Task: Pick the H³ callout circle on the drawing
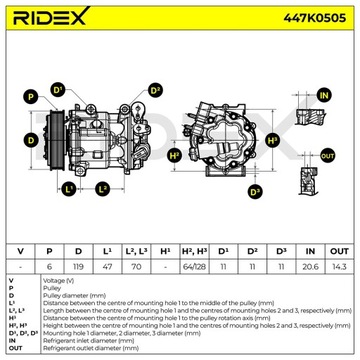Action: pyautogui.click(x=175, y=155)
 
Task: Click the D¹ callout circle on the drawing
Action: pyautogui.click(x=60, y=91)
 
